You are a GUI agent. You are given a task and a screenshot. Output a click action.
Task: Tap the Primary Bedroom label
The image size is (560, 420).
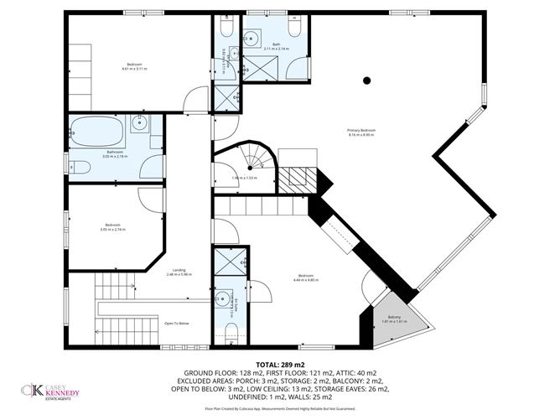pos(361,133)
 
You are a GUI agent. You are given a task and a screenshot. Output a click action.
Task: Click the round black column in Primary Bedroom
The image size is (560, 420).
pos(366,80)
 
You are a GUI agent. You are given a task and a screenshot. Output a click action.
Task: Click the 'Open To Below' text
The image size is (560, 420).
pos(176,323)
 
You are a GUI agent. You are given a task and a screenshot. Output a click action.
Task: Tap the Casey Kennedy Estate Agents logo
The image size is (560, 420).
pos(52,391)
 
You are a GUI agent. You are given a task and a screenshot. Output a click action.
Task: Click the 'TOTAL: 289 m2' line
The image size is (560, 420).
pos(280,366)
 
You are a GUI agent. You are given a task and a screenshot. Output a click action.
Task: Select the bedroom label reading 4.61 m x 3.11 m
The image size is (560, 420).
pos(134,67)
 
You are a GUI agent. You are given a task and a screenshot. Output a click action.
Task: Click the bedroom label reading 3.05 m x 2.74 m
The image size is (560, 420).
pos(112,227)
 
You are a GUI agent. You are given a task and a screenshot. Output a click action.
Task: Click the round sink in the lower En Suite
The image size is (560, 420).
pos(223,298)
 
